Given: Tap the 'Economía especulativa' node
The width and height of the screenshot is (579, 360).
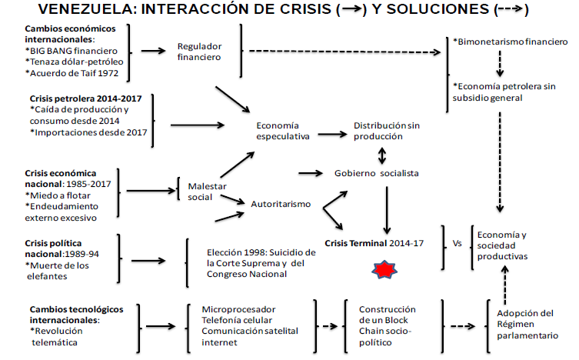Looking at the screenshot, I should point(282,131).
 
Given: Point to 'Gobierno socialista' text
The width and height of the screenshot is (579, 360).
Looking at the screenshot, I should point(377,173).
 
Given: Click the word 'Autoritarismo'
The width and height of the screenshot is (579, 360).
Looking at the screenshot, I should point(281,204).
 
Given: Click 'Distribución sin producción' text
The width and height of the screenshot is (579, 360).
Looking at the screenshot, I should point(378,130).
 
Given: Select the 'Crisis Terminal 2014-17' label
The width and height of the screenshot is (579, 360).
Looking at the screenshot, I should point(374,242).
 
